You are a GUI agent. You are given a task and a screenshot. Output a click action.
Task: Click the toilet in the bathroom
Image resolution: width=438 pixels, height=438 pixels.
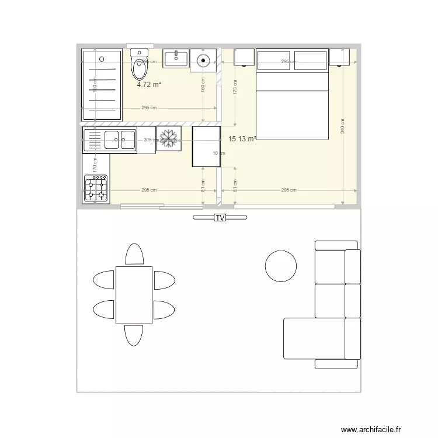point(139,66)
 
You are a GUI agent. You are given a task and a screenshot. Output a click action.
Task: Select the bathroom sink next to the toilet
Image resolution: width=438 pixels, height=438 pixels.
point(176,59)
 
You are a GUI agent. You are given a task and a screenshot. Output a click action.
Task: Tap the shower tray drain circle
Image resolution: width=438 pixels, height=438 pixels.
point(102,58)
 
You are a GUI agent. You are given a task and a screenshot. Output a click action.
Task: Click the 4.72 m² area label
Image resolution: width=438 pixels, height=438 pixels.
point(149,84)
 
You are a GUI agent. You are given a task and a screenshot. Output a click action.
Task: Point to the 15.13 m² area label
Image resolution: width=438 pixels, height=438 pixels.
point(242,139)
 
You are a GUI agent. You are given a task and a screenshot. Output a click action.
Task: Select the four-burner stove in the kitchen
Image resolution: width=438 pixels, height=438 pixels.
point(96,188)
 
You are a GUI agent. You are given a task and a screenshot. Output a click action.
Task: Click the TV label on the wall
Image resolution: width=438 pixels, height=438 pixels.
point(220,218)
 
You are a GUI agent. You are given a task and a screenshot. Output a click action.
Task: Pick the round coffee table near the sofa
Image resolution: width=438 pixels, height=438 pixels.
point(281,266)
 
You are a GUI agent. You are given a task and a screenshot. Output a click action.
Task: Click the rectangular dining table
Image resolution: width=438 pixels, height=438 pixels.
point(134,294)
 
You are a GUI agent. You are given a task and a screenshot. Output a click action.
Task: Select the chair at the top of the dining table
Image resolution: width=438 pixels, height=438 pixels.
point(134,255)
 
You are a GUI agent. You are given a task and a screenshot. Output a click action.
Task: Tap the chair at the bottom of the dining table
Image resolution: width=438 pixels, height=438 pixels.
point(134,335)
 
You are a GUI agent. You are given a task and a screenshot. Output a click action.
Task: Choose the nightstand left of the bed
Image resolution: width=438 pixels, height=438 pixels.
point(244,58)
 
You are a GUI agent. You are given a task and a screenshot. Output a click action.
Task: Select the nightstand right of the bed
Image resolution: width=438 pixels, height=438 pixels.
point(339,58)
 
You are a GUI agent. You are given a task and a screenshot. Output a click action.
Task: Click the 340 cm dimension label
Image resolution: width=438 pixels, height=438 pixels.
point(342,126)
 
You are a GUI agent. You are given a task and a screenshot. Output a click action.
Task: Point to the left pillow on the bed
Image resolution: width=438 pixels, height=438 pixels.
point(274,61)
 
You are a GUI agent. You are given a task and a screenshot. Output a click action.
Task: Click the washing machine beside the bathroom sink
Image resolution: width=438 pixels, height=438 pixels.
point(203,59)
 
